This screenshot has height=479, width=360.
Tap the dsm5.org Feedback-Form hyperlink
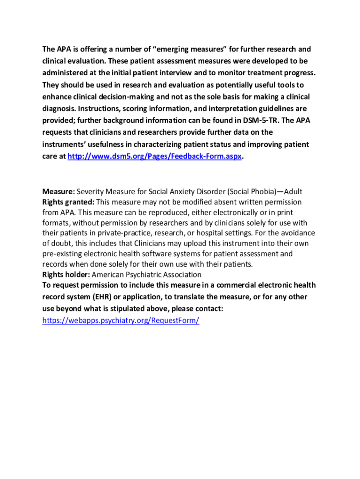(x=155, y=157)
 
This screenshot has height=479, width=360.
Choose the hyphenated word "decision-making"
(x=115, y=97)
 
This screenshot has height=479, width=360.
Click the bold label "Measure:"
(x=58, y=192)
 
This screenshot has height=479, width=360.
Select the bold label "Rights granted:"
(x=69, y=202)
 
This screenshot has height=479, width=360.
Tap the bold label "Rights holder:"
(x=66, y=275)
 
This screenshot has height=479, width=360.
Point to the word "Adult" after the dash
(x=293, y=192)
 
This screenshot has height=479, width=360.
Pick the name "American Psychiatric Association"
(x=147, y=275)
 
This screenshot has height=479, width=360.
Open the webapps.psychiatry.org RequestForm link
(x=121, y=320)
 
